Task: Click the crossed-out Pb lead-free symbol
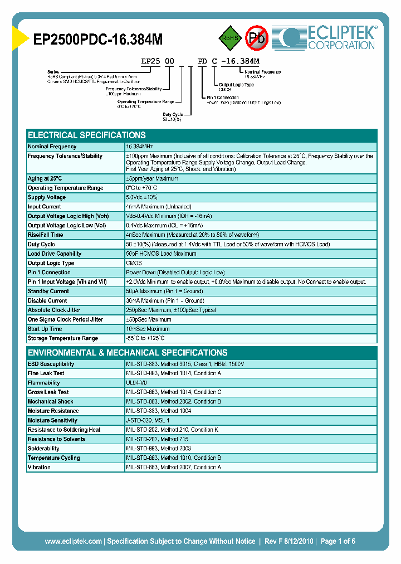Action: point(257,38)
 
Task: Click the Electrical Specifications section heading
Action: point(87,135)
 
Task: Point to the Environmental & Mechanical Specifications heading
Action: point(128,353)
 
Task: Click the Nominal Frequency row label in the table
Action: point(52,147)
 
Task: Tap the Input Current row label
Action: point(45,207)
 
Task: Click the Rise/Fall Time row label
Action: point(45,235)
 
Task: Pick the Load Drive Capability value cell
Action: point(161,254)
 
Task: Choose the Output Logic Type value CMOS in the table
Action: point(134,264)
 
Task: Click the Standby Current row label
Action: point(48,291)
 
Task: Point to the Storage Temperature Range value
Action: point(145,339)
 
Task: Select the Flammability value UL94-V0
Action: point(138,383)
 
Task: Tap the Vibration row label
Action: point(39,468)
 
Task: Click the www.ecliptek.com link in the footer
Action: point(73,541)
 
